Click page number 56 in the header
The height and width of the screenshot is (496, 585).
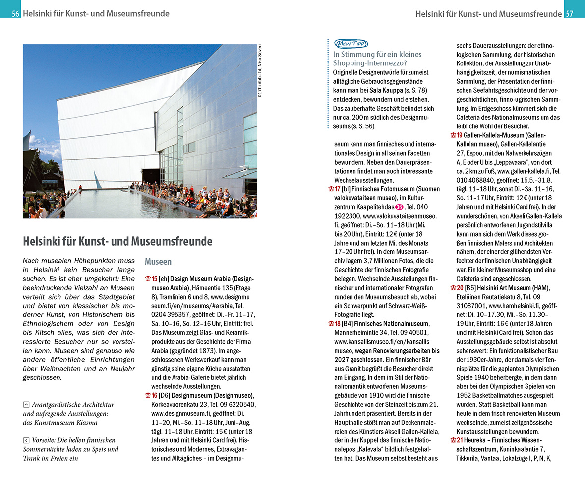15,14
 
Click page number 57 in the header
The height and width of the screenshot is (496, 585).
569,14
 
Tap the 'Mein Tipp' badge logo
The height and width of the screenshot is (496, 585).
351,44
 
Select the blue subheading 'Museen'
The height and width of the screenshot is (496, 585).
158,261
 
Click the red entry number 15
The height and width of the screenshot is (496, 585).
154,279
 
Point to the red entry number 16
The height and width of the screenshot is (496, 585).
154,395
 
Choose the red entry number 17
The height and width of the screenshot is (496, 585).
337,189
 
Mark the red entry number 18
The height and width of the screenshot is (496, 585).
337,324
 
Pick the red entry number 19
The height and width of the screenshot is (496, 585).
460,135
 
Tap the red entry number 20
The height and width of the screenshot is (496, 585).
460,288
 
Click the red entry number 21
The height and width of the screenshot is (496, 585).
460,440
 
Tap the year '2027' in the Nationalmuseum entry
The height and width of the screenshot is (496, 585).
342,351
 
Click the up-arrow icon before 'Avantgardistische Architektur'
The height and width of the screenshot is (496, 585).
26,405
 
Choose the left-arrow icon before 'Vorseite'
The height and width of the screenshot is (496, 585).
26,440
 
